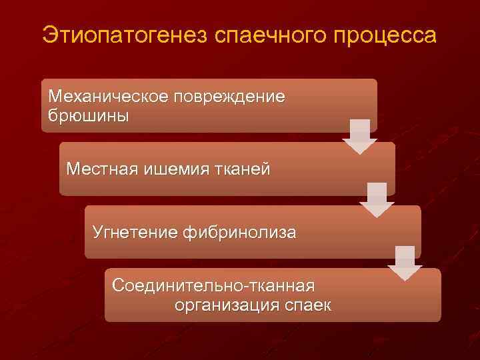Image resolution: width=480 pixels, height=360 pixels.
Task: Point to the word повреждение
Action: click(x=229, y=97)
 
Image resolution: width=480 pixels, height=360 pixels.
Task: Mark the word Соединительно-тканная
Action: click(x=213, y=286)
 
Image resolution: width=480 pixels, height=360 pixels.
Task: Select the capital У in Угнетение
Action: click(x=98, y=233)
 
